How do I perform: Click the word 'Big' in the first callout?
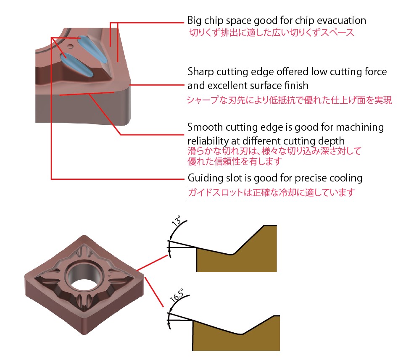pyautogui.click(x=195, y=21)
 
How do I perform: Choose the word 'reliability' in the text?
pyautogui.click(x=209, y=141)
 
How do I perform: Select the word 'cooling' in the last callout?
pyautogui.click(x=347, y=178)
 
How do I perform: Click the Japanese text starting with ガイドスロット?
pyautogui.click(x=272, y=193)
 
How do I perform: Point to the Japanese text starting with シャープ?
pyautogui.click(x=289, y=100)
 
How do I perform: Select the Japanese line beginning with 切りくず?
pyautogui.click(x=271, y=32)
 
